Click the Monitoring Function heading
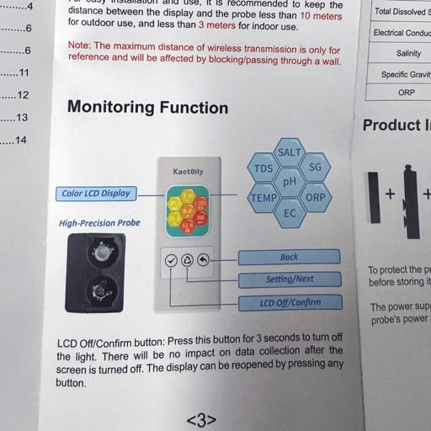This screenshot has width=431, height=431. coord(147,108)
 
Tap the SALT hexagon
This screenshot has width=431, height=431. coord(289,152)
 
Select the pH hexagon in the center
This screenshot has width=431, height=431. coord(290,182)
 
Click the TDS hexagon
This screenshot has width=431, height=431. coord(263,168)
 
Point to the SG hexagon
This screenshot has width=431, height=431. coord(315,168)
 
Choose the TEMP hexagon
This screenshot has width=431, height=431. coord(263,198)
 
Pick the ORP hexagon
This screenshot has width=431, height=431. coord(315,198)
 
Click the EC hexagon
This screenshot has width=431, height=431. coord(289,213)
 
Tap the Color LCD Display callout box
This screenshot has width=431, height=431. coord(96,193)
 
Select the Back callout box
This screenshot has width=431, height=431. coord(289,257)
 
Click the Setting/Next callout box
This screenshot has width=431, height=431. coord(289,279)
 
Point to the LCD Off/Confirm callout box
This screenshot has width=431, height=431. coord(289,302)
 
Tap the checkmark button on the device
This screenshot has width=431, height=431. coord(172,260)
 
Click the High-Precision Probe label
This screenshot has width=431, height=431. coord(99,223)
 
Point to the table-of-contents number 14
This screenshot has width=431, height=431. coord(20,140)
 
